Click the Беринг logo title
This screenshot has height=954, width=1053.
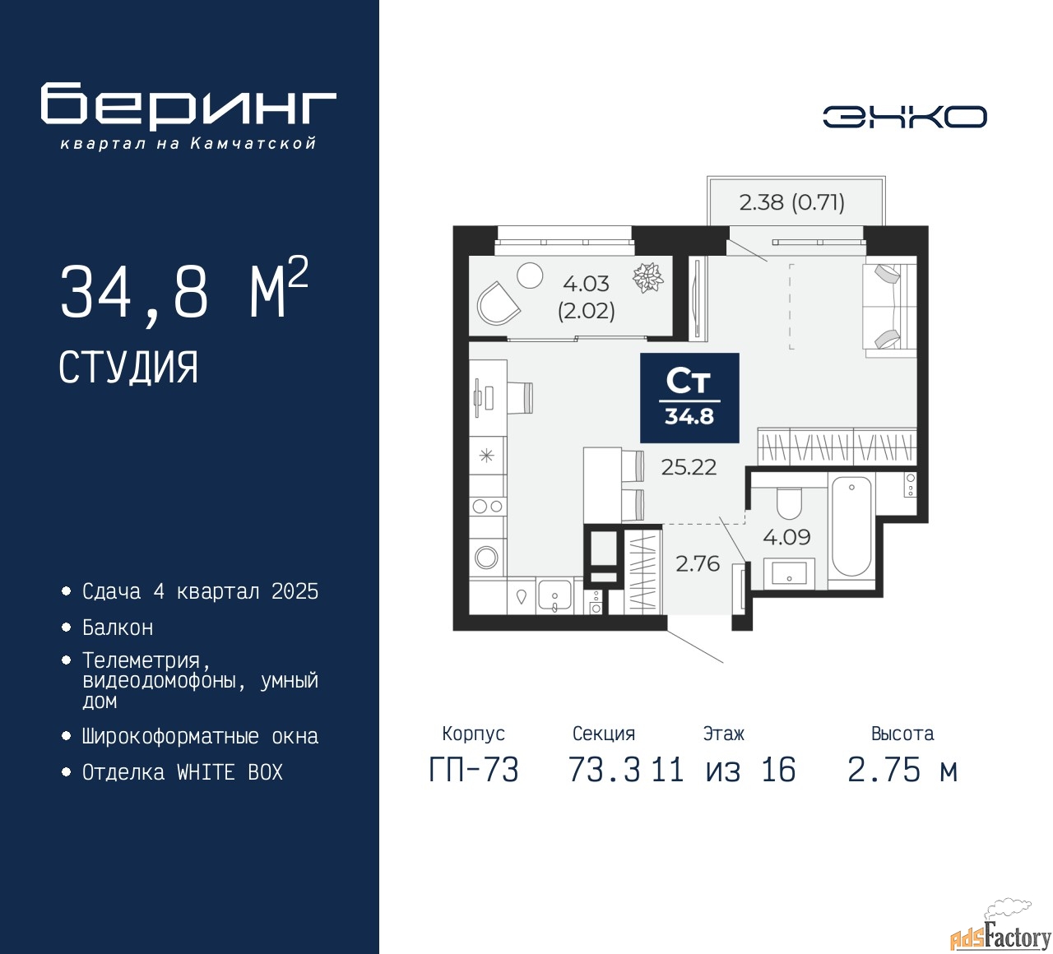[x=188, y=105]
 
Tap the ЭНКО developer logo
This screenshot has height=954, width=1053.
[x=904, y=117]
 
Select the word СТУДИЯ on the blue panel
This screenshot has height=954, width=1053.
[x=128, y=368]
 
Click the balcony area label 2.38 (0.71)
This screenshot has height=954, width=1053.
[x=791, y=202]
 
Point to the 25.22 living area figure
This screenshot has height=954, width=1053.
[x=689, y=467]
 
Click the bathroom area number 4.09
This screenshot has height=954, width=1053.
[x=786, y=537]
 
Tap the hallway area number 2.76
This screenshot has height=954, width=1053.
[x=697, y=564]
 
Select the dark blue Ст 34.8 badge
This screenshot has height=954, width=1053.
[x=689, y=398]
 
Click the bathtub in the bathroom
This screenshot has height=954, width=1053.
[x=851, y=526]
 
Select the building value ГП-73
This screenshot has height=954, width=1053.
[x=474, y=771]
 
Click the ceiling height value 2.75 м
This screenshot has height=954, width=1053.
[x=902, y=771]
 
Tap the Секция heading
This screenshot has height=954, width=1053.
[x=604, y=734]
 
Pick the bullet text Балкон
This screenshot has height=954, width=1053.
[x=118, y=628]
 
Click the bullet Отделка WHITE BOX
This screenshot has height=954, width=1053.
[x=182, y=773]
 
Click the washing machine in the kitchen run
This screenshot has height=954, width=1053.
[x=486, y=558]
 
